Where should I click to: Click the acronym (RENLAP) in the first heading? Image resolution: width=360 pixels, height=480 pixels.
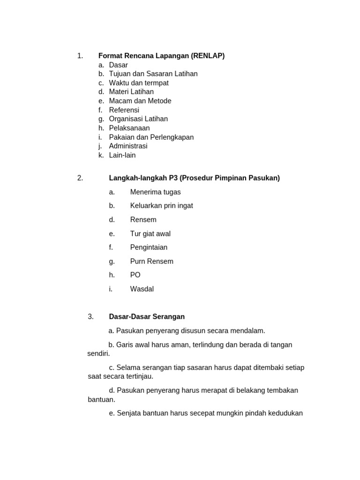[208, 56]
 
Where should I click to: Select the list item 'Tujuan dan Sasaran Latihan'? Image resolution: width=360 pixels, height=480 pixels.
[153, 74]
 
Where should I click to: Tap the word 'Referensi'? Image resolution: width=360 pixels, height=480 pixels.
[124, 110]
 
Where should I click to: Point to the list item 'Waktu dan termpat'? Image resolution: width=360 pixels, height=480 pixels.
[139, 83]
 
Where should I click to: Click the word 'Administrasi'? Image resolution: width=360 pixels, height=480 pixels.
[128, 146]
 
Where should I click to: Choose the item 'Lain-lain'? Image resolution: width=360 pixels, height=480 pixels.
[122, 155]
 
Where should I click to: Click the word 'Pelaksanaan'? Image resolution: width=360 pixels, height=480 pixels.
[129, 128]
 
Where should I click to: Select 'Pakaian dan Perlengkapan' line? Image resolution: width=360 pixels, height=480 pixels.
[151, 137]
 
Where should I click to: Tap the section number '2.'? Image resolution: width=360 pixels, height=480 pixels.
[80, 178]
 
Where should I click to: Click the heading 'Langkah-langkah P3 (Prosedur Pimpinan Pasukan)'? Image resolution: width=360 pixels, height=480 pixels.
[194, 178]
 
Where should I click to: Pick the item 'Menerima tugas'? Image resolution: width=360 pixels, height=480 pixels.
[155, 192]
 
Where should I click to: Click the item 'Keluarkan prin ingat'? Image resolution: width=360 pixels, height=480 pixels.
[161, 205]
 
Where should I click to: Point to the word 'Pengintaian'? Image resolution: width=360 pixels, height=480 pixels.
[149, 247]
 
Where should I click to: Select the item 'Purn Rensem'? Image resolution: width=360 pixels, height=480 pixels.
[151, 261]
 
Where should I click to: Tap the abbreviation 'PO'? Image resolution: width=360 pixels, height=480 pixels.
[135, 275]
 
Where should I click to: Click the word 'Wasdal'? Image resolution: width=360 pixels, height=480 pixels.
[142, 289]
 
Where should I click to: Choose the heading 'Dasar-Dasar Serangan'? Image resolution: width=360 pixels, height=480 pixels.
[147, 316]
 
